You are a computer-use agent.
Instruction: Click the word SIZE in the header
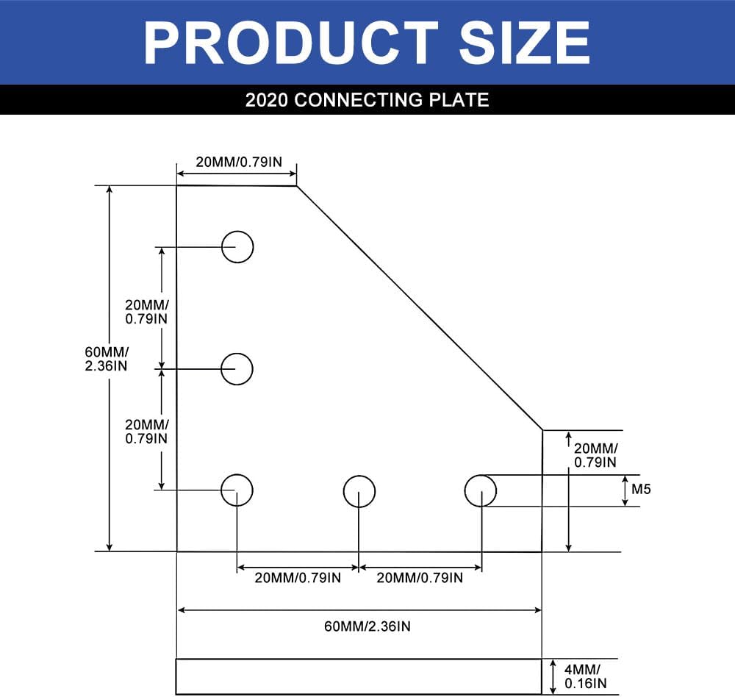[x=523, y=43]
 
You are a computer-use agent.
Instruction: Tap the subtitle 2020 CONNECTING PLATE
[x=367, y=99]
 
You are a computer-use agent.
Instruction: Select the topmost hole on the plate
[x=237, y=246]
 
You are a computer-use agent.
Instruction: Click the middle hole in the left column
[x=237, y=368]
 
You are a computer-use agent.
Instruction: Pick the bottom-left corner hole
[x=237, y=490]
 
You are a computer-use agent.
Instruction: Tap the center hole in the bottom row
[x=359, y=491]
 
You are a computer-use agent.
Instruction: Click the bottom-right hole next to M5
[x=481, y=490]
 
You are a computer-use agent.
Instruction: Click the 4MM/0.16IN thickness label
[x=585, y=676]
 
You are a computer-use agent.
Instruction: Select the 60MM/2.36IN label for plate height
[x=107, y=358]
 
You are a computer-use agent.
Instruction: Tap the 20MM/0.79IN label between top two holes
[x=147, y=312]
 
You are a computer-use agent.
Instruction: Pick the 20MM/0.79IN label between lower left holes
[x=147, y=431]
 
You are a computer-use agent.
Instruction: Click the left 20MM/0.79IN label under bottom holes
[x=298, y=578]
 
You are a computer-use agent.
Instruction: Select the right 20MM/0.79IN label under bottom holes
[x=420, y=578]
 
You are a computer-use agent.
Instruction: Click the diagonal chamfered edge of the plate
[x=419, y=307]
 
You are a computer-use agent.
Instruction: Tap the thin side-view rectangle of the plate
[x=359, y=676]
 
